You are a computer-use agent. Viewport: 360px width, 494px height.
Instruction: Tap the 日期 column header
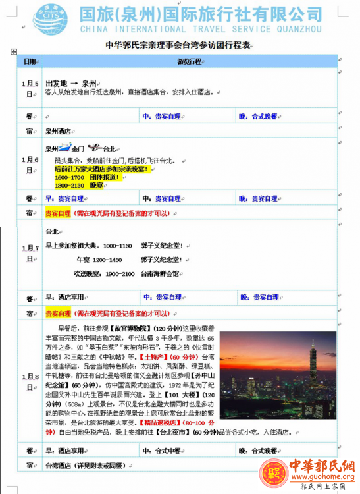(x=30, y=61)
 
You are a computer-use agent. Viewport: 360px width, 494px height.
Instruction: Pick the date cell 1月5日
(x=30, y=89)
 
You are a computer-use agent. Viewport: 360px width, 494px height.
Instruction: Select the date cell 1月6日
(x=30, y=165)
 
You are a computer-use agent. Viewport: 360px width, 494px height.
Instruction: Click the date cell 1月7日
(x=30, y=254)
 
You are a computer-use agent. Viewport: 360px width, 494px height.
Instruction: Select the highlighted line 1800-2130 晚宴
(x=79, y=186)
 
